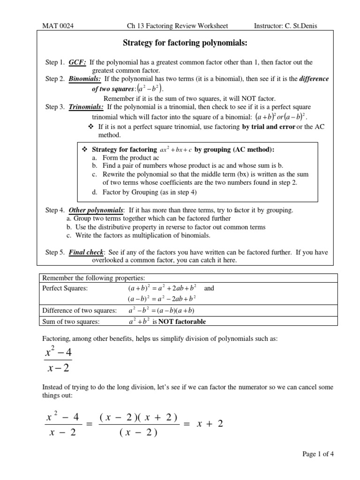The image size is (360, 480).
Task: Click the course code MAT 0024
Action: (x=58, y=26)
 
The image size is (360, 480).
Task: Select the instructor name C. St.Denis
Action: (x=300, y=26)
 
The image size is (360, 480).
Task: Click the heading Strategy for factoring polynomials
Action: (x=184, y=43)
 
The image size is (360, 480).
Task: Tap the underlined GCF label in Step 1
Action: (x=77, y=62)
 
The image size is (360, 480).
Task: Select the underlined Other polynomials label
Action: (x=96, y=210)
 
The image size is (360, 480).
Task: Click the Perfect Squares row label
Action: (x=64, y=288)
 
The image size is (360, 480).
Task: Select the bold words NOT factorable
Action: (x=182, y=322)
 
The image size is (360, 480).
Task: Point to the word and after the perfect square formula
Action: (x=209, y=288)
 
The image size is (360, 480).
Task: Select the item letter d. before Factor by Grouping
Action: (x=95, y=192)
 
